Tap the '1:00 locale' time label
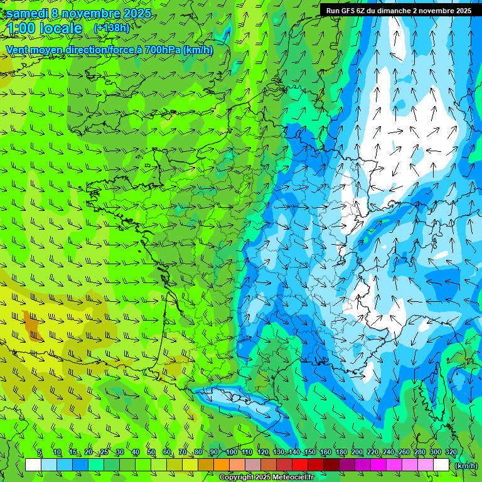[x=45, y=28]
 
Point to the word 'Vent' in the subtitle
[x=18, y=50]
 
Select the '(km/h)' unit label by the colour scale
[x=465, y=465]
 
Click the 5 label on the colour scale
[x=40, y=452]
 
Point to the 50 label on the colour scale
[x=151, y=452]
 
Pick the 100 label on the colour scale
[x=232, y=452]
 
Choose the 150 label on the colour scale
[x=310, y=452]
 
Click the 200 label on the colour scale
[x=357, y=452]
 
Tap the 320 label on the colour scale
[x=451, y=452]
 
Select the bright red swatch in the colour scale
[x=300, y=465]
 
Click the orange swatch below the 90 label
[x=222, y=465]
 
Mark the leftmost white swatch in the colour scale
[x=33, y=465]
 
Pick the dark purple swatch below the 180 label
[x=347, y=465]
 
